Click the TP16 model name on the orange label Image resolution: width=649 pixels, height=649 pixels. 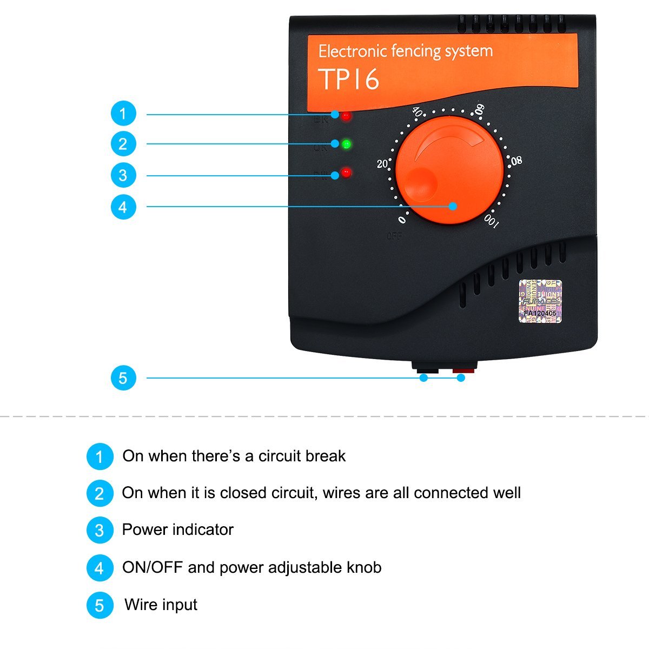(x=348, y=80)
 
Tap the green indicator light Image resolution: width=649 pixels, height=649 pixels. (x=347, y=144)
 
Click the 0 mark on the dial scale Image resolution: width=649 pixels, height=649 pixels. (x=402, y=220)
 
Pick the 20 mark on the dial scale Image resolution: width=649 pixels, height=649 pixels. (x=382, y=163)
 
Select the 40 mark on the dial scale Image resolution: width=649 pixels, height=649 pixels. (x=418, y=112)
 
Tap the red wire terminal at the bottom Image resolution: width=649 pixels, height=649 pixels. (x=463, y=370)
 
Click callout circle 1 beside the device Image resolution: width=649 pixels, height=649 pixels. (x=123, y=114)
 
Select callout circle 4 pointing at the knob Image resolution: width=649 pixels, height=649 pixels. (x=123, y=207)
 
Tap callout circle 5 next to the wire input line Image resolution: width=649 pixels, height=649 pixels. (x=123, y=378)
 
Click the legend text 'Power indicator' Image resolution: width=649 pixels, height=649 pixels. (x=177, y=529)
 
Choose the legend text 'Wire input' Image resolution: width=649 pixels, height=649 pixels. (x=161, y=605)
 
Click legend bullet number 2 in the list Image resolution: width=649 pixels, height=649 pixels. (x=100, y=493)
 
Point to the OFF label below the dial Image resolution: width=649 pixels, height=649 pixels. (x=394, y=236)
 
